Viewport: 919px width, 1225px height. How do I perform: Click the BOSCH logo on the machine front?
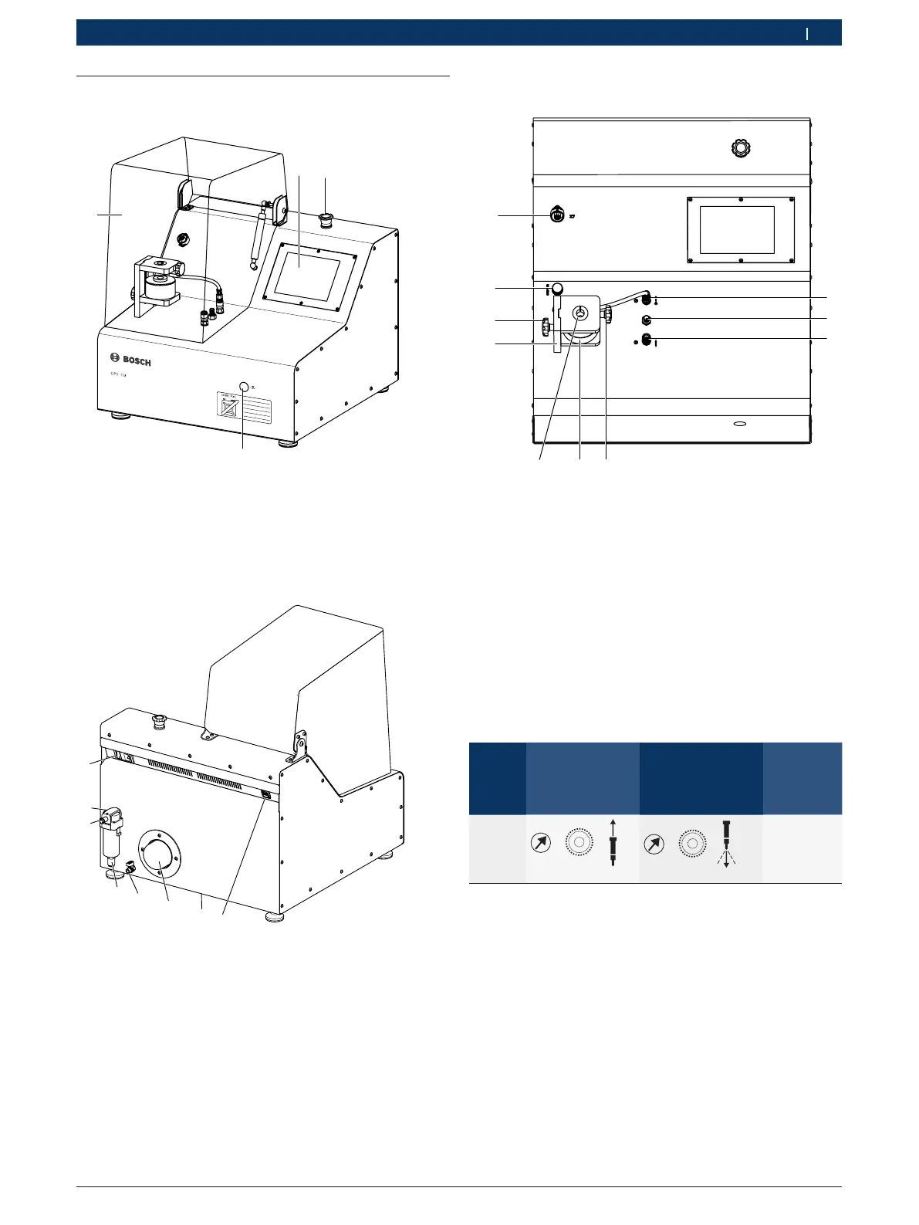[130, 360]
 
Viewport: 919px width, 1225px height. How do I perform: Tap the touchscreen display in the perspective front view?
[307, 276]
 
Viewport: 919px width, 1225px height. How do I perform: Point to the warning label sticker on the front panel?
[242, 408]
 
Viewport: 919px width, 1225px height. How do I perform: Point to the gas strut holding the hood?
[258, 235]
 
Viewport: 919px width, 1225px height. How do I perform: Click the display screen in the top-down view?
[736, 230]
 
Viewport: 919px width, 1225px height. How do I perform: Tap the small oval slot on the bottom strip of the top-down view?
[738, 424]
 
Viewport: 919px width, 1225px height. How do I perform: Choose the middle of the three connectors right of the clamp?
[647, 320]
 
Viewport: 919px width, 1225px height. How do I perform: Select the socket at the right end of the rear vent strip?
[266, 794]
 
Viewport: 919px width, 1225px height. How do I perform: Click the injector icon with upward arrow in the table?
[613, 844]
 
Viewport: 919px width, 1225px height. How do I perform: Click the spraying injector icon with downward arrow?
[726, 844]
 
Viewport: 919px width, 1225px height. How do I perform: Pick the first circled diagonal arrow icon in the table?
[541, 844]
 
